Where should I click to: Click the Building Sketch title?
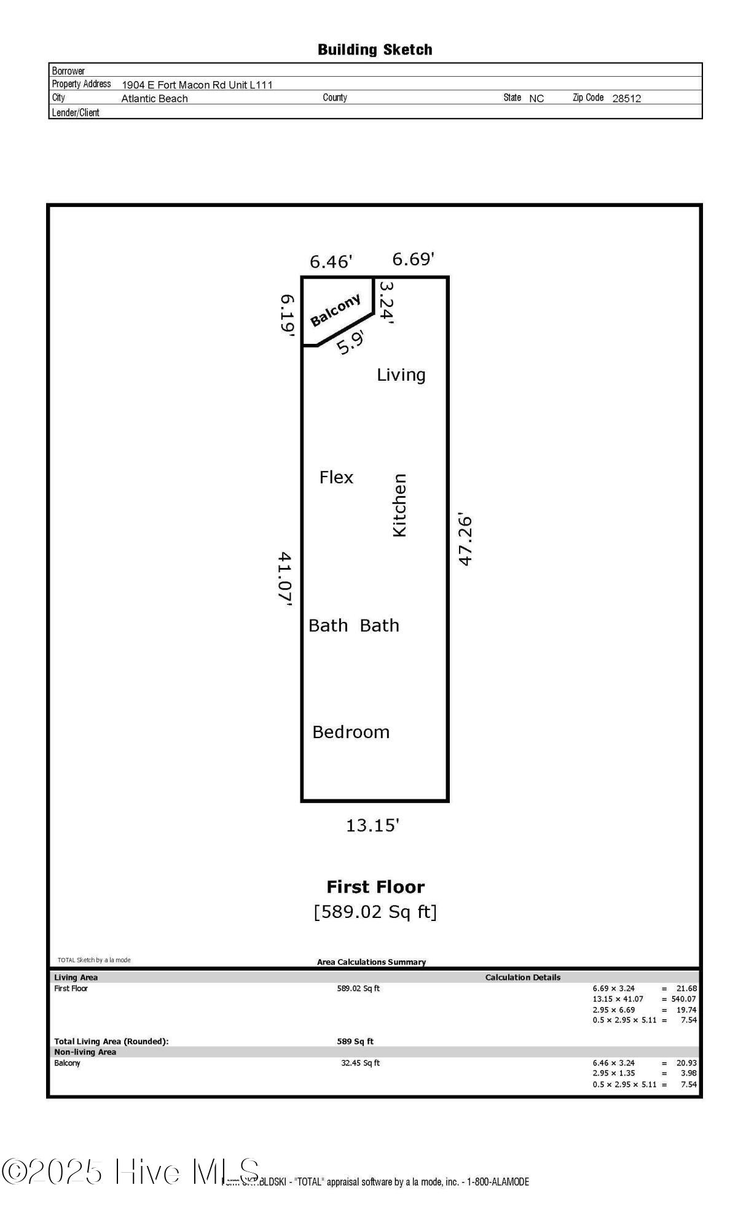[x=375, y=50]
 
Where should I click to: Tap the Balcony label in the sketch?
[x=335, y=310]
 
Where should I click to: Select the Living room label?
[x=401, y=375]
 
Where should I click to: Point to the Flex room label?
[x=336, y=477]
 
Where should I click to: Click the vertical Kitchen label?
[x=399, y=505]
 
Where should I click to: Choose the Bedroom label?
[x=351, y=732]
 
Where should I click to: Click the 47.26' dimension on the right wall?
[x=465, y=539]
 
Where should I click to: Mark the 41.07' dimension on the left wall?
[x=285, y=578]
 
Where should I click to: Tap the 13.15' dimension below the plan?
[x=372, y=825]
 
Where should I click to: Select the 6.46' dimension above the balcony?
[x=331, y=262]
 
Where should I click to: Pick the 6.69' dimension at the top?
[x=413, y=259]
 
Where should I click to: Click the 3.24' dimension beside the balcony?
[x=385, y=302]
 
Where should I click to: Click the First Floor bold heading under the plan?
[x=375, y=887]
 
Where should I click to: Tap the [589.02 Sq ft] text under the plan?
[x=375, y=912]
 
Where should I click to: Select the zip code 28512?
[x=626, y=98]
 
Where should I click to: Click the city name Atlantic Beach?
[x=154, y=98]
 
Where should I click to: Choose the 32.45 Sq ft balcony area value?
[x=360, y=1063]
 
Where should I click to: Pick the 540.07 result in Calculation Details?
[x=683, y=999]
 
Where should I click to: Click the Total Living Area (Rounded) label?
[x=111, y=1041]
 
